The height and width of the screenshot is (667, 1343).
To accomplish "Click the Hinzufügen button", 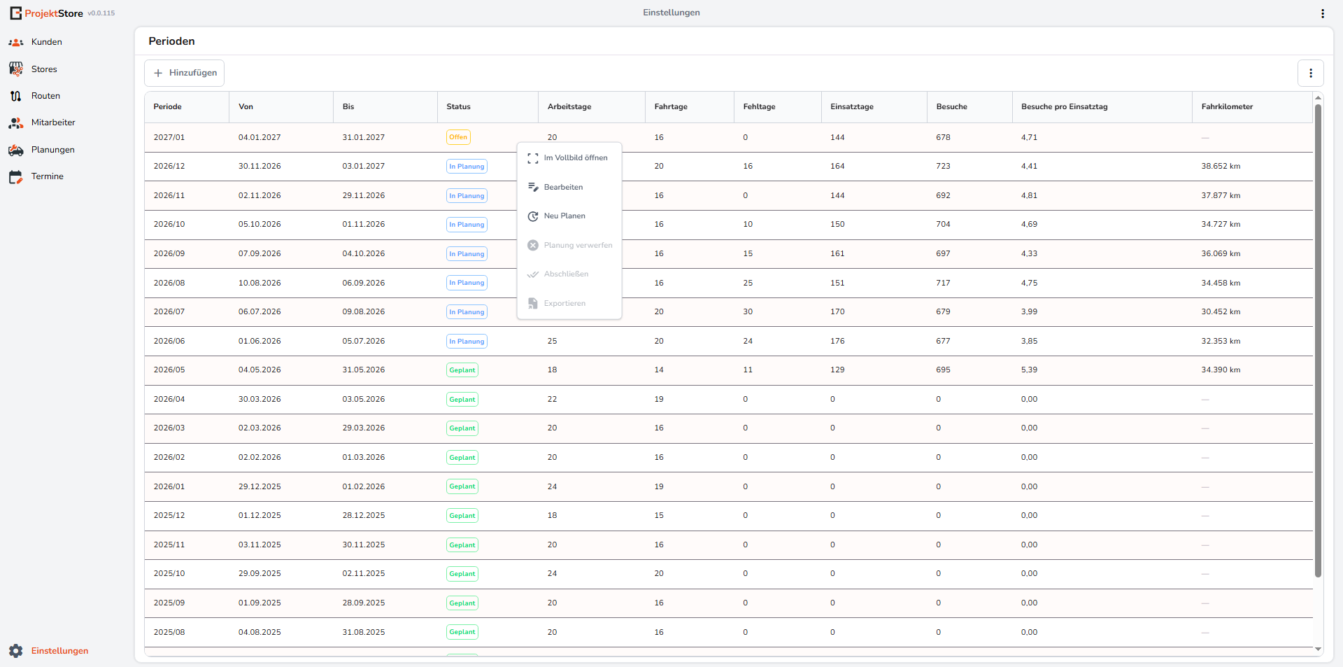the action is coord(184,73).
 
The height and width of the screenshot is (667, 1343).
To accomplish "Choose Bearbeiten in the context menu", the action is coord(563,187).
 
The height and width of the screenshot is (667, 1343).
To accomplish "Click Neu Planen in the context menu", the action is coord(564,216).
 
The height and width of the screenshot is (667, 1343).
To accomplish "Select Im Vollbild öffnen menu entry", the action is coord(576,158).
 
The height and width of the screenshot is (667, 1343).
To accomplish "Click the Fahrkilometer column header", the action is coord(1227,107).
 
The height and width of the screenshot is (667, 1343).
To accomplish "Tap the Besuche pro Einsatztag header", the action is coord(1064,107).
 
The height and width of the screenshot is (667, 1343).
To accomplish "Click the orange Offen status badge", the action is coord(458,137).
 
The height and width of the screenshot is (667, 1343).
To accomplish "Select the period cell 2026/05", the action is coord(169,370).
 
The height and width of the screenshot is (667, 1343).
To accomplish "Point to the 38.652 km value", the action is coord(1221,167).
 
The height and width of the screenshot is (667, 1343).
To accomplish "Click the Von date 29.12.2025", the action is coord(260,486).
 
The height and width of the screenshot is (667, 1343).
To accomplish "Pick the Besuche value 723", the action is coord(943,167).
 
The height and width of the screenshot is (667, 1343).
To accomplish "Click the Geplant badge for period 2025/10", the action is coord(462,574).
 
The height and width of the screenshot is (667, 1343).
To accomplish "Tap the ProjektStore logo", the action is coord(46,13).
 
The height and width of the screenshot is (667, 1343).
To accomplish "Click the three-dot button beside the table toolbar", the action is coord(1310,73).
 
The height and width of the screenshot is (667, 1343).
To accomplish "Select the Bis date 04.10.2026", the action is coord(364,254).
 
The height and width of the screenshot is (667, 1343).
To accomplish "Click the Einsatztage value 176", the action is coord(837,342).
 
